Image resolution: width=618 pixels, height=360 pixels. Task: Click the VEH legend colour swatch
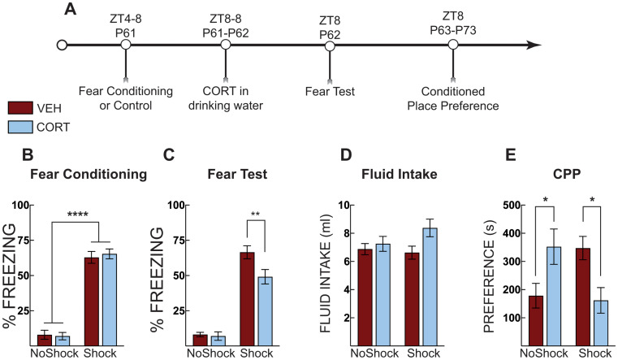click(19, 109)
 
